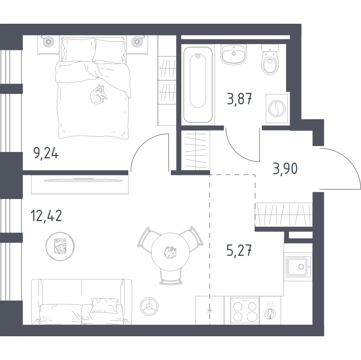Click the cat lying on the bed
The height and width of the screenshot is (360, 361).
[98, 95]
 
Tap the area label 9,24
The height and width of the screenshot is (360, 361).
[46, 153]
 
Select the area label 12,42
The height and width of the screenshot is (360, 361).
[46, 216]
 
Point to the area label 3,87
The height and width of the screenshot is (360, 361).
[240, 99]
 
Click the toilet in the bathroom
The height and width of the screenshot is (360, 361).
[270, 59]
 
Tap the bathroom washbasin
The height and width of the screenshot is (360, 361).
[234, 54]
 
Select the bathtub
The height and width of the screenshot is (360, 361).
[198, 85]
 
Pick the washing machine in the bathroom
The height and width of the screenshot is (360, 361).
[277, 108]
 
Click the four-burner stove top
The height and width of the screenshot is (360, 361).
[245, 310]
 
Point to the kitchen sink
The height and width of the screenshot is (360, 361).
[297, 267]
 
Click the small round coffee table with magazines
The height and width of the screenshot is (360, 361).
[60, 246]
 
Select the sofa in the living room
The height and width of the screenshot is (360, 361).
[81, 302]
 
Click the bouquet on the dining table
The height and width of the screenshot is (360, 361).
[170, 252]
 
